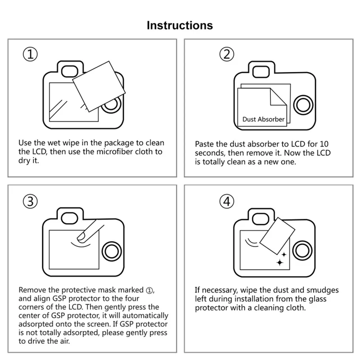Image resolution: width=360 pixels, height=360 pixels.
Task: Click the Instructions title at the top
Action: click(180, 25)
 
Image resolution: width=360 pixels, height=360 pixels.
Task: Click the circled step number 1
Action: click(30, 55)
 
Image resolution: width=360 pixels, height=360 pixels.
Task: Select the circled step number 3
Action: click(30, 202)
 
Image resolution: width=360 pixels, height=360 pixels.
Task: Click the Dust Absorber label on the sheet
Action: click(263, 119)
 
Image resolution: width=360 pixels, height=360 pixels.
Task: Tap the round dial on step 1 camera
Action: click(111, 106)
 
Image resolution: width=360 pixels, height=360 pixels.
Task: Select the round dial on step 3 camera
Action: click(111, 250)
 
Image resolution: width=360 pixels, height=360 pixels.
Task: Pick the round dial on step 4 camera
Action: click(303, 250)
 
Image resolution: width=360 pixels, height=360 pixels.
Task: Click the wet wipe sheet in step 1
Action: click(98, 85)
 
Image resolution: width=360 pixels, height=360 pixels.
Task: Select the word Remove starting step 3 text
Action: click(32, 289)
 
